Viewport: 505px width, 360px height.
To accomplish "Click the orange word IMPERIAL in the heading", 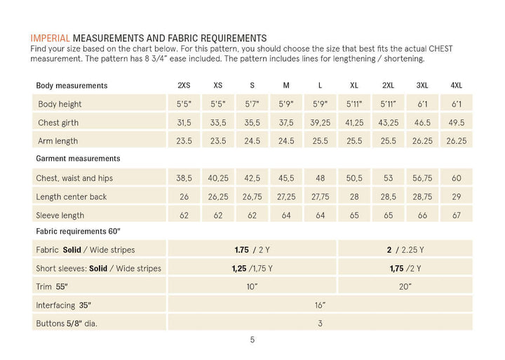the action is coord(50,38).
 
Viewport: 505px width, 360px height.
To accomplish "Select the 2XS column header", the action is coord(184,86).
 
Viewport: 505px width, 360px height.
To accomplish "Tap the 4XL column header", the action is coord(457,86).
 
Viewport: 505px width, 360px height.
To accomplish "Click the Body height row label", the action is coord(60,104).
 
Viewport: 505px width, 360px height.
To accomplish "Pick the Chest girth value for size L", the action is coord(320,123).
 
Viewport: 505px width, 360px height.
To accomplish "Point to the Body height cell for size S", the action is coord(252,104).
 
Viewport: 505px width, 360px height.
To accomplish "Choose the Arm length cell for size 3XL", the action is coord(422,141).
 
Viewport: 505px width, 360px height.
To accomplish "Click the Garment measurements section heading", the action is coord(78,159).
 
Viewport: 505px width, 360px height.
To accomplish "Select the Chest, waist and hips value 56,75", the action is coord(422,178).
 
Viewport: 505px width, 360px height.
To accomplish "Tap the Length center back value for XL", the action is coord(354,196).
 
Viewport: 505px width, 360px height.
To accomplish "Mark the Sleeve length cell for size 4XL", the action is coord(457,215).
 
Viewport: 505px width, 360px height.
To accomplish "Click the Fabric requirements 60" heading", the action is coord(78,232).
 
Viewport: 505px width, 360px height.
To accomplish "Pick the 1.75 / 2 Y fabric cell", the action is coord(252,250).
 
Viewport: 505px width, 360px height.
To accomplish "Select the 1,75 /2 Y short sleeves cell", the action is coord(405,269).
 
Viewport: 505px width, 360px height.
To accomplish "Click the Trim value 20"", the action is coord(405,286).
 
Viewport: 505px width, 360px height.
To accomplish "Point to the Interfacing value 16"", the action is coord(320,305).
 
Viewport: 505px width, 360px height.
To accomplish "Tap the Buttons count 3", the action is coord(320,324).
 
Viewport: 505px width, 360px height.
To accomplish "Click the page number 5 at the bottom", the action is coord(252,340).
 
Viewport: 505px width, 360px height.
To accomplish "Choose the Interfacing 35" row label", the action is coord(63,305).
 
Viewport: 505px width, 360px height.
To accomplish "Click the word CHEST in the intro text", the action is coord(440,48).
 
